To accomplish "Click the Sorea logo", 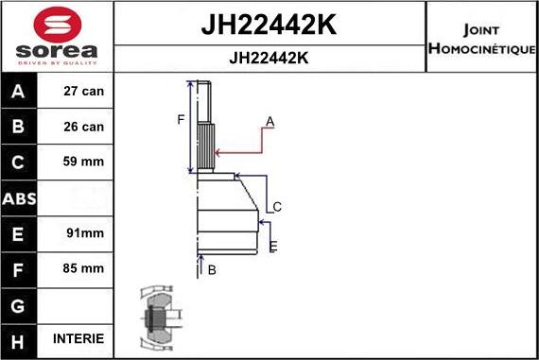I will (56, 35).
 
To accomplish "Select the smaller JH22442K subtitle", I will (269, 58).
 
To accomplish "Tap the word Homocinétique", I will (482, 47).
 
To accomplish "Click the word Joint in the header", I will (482, 28).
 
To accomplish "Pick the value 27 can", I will (84, 92).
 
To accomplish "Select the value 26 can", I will (84, 127).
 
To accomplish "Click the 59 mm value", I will (84, 162).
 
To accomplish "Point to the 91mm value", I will (84, 232).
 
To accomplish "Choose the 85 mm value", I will (84, 268).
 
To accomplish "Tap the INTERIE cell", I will (84, 338).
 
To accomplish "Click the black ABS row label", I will (19, 197).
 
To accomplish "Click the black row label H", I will (19, 338).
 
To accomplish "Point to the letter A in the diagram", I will (269, 122).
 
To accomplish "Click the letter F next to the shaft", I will (181, 119).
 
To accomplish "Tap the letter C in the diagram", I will (277, 207).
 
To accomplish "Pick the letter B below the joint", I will (212, 270).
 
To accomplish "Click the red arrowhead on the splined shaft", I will (218, 151).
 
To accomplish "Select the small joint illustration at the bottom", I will (158, 317).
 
